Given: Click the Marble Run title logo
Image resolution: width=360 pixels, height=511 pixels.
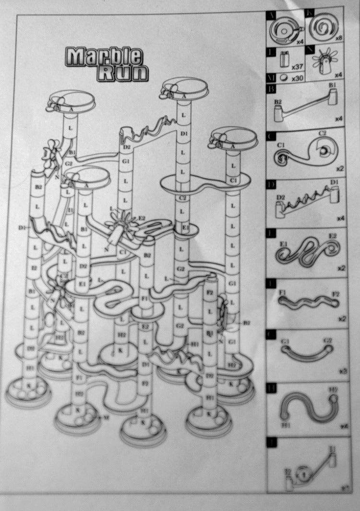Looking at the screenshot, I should pos(107,63).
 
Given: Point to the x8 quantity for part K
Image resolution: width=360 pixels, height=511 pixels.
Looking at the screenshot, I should pos(339,37).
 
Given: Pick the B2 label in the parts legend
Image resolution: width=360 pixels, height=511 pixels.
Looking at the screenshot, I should pos(277,101).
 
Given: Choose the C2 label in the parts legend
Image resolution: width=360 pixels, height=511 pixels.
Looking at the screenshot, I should pos(322,133).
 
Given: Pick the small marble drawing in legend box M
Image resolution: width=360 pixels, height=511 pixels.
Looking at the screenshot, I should pos(284,77).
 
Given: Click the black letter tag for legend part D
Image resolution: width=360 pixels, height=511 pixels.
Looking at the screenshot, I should pos(271,184).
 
